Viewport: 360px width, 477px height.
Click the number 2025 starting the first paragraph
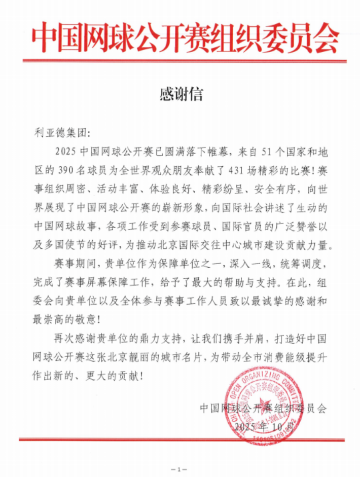tap(66, 151)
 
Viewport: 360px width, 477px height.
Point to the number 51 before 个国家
tap(269, 151)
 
